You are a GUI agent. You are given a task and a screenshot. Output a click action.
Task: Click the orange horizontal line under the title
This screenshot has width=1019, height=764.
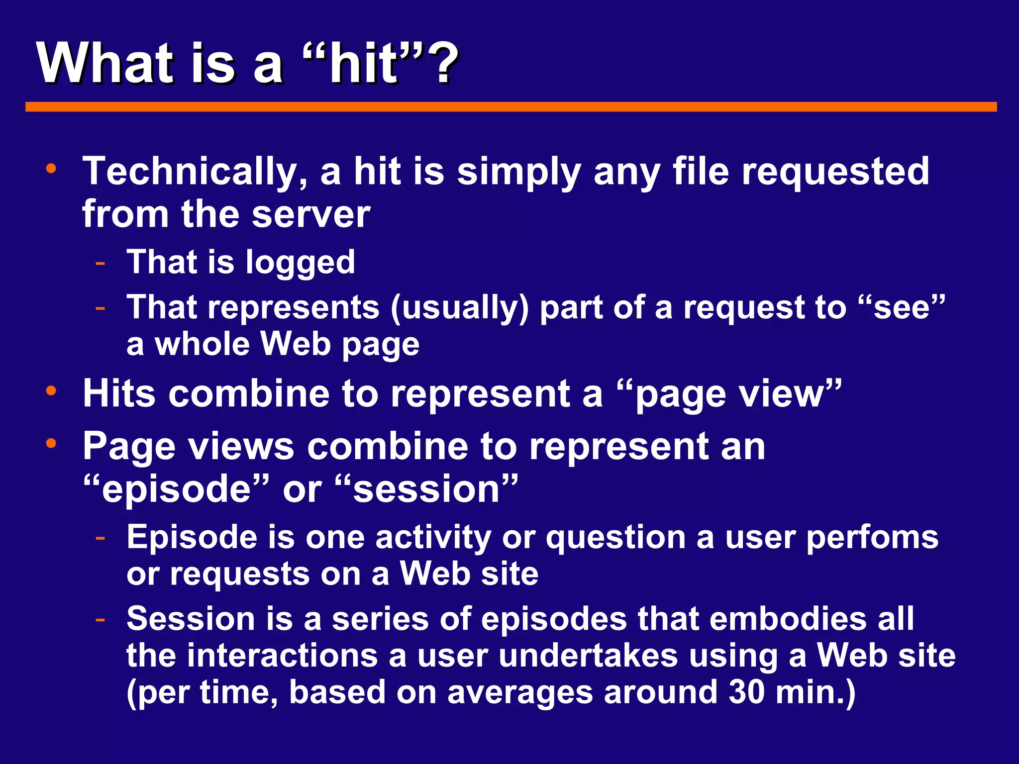click(x=510, y=107)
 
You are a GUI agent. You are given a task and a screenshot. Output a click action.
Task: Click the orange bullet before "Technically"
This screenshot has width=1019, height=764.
click(x=51, y=169)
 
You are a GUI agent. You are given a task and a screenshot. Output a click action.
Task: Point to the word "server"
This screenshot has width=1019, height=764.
click(x=311, y=215)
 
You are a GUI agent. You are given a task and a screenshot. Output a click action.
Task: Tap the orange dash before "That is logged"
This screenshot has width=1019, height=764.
click(x=101, y=263)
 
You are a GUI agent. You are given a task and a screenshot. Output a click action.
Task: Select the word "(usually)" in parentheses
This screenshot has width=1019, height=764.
click(x=460, y=307)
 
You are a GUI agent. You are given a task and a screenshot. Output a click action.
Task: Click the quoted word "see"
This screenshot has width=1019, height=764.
click(x=901, y=307)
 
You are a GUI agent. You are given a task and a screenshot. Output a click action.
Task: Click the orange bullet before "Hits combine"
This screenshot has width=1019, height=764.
click(x=51, y=391)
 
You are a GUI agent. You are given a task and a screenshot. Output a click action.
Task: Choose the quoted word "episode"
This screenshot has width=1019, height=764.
click(x=176, y=489)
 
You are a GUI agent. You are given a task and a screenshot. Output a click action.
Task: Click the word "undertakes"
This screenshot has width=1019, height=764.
click(x=588, y=656)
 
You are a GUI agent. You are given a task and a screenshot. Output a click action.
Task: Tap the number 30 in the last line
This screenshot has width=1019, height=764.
click(x=746, y=692)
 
